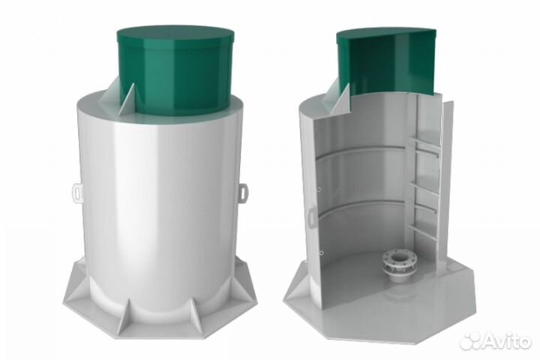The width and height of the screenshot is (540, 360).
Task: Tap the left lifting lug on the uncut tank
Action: pos(76,193)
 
